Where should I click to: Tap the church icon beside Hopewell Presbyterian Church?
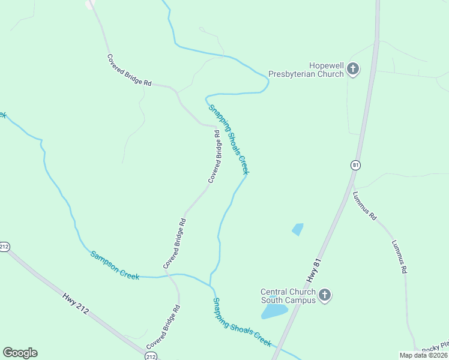click(353, 70)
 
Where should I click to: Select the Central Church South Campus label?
click(288, 296)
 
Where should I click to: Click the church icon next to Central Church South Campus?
click(325, 295)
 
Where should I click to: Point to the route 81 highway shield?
click(355, 164)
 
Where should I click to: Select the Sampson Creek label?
click(115, 265)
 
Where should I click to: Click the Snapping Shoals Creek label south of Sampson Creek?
click(243, 322)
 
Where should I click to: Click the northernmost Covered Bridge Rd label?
click(129, 71)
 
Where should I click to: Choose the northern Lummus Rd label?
click(364, 205)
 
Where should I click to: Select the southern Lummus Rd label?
click(400, 257)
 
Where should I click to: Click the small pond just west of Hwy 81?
click(297, 229)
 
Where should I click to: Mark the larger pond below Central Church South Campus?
click(274, 311)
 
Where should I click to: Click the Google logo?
click(20, 353)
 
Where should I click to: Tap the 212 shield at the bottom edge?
click(151, 356)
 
